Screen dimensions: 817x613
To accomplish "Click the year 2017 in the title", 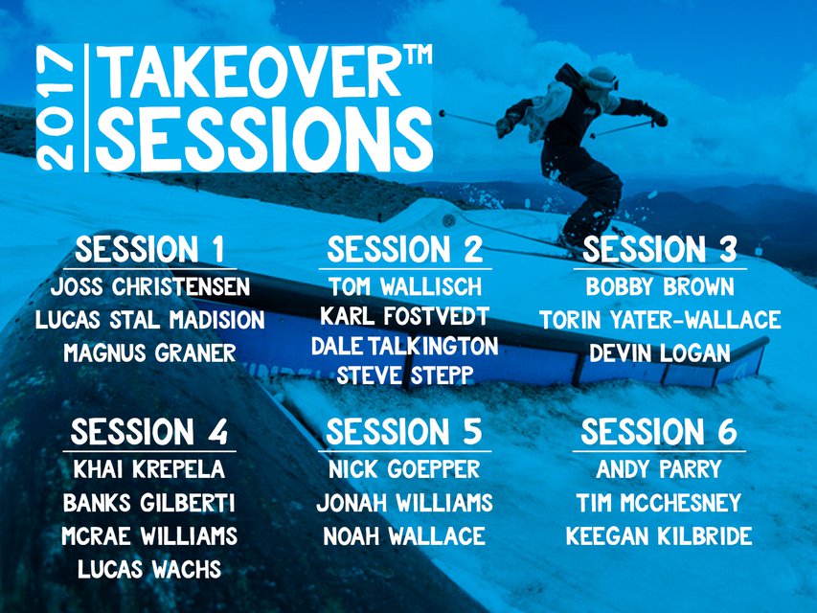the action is pyautogui.click(x=57, y=109).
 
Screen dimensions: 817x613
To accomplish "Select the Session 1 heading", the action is pyautogui.click(x=149, y=249).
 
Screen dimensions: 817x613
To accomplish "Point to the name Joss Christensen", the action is pyautogui.click(x=150, y=287).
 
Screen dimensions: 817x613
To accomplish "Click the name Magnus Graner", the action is pyautogui.click(x=150, y=352).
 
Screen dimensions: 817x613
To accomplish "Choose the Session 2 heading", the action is pyautogui.click(x=405, y=249).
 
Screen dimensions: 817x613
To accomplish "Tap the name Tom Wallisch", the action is pyautogui.click(x=405, y=287).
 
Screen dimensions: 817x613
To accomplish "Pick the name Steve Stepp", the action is pyautogui.click(x=405, y=375).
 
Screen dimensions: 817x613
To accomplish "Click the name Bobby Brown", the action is pyautogui.click(x=660, y=287).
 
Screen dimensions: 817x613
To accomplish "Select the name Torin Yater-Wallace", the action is pyautogui.click(x=660, y=320).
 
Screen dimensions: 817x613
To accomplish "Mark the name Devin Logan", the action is pyautogui.click(x=660, y=352).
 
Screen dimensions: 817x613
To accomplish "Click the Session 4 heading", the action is pyautogui.click(x=149, y=432).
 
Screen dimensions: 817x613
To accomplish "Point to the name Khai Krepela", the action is pyautogui.click(x=149, y=469).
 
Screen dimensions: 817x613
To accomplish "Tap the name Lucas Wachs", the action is pyautogui.click(x=149, y=569).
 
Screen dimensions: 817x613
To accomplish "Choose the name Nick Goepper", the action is pyautogui.click(x=404, y=469).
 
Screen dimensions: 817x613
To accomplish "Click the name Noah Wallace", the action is pyautogui.click(x=404, y=535).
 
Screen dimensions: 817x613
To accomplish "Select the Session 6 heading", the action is pyautogui.click(x=659, y=432).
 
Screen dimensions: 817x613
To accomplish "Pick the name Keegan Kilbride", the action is pyautogui.click(x=659, y=535).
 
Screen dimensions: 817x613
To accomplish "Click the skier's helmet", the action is pyautogui.click(x=601, y=78).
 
